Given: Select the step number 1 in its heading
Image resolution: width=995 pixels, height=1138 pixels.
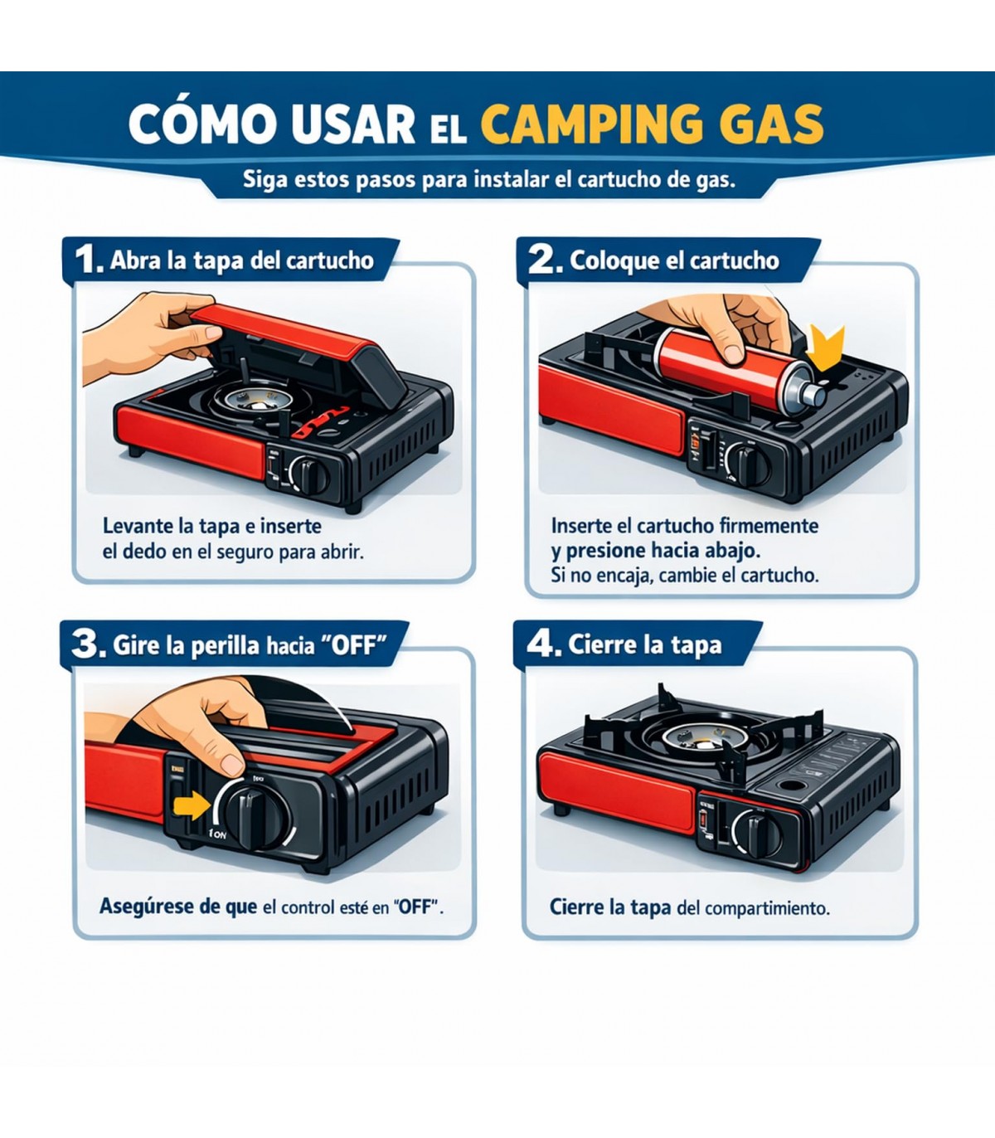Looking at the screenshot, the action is (89, 259).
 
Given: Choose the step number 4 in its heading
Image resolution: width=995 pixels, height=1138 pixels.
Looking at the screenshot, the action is (543, 644).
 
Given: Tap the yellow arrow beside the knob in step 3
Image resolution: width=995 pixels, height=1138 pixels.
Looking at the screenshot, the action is (192, 805).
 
